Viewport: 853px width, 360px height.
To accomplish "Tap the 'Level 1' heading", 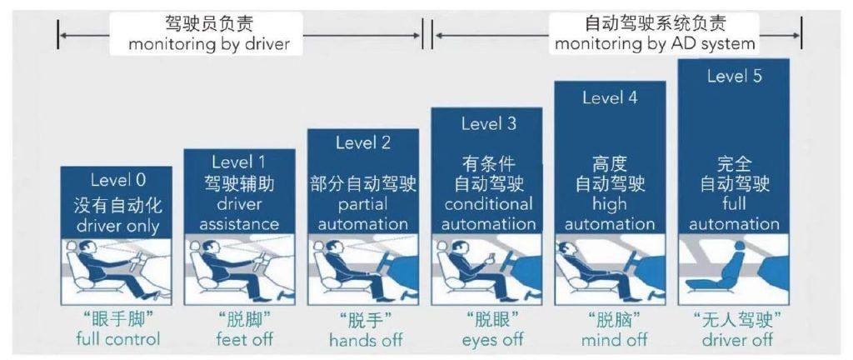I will point(239,162).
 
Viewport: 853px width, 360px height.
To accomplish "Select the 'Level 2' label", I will point(362,142).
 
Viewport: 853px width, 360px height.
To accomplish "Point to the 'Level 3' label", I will point(488,123).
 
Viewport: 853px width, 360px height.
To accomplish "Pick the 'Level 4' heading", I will point(610,97).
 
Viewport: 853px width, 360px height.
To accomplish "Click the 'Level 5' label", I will point(734,77).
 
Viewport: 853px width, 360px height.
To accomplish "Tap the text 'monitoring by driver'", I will point(209,43).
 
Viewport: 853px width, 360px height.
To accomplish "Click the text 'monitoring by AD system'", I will point(655,43).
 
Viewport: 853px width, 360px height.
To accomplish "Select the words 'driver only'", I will point(117,225).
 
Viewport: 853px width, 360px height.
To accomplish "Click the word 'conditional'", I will point(488,204).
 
